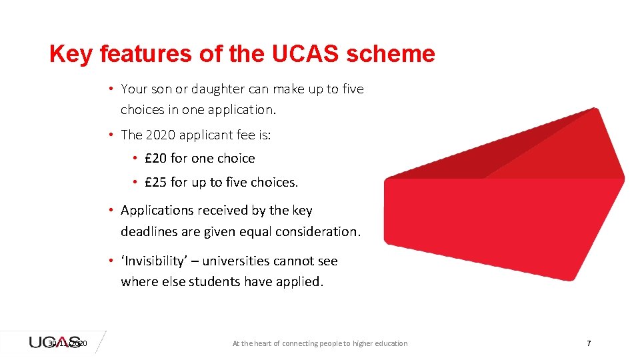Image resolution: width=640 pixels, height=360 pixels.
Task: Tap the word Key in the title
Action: [71, 54]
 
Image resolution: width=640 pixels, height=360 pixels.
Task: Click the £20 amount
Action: [156, 158]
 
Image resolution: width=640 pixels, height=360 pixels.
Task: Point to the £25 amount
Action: [156, 182]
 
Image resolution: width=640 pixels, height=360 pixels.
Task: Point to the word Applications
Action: [157, 210]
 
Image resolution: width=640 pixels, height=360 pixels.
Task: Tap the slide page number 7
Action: [588, 343]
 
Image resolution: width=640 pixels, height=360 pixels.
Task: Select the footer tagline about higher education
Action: [319, 343]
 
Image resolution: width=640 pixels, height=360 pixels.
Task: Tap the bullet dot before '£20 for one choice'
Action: [134, 158]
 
